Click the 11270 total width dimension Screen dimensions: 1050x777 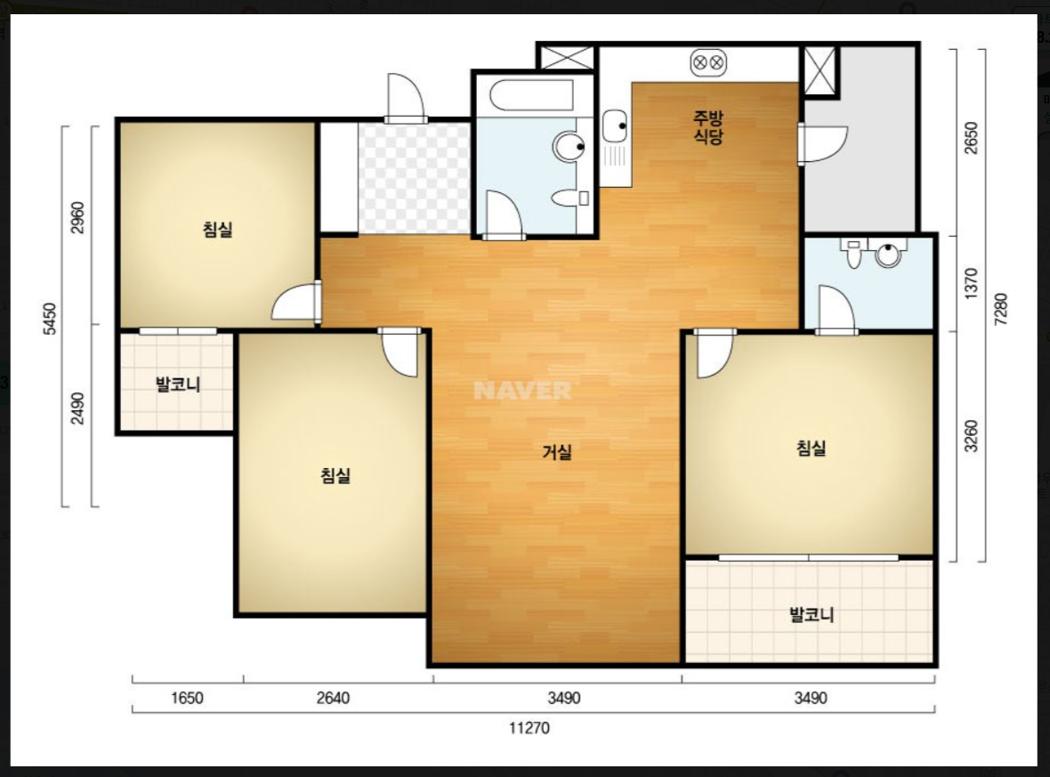tap(529, 727)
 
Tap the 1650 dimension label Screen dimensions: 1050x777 tap(187, 698)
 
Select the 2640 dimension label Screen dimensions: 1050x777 tap(333, 698)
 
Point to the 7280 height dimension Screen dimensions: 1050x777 tap(1001, 310)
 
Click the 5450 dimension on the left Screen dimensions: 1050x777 tap(50, 320)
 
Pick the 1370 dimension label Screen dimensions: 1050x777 tap(971, 283)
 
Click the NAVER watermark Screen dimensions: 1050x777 tap(522, 391)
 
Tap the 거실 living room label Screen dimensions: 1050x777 tap(556, 452)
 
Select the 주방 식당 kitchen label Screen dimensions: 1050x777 tap(708, 127)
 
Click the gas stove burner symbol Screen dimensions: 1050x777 tap(707, 63)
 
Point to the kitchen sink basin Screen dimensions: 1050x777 tap(614, 125)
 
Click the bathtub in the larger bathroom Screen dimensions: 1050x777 tap(532, 96)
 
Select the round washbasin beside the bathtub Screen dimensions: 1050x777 tap(569, 146)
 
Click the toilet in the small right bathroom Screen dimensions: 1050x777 tap(853, 253)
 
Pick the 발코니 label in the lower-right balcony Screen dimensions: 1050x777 tap(812, 614)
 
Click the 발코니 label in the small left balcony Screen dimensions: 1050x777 tap(177, 384)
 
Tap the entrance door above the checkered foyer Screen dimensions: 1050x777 tap(406, 98)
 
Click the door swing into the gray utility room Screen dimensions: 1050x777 tap(823, 143)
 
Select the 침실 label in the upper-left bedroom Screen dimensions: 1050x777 tap(218, 230)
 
